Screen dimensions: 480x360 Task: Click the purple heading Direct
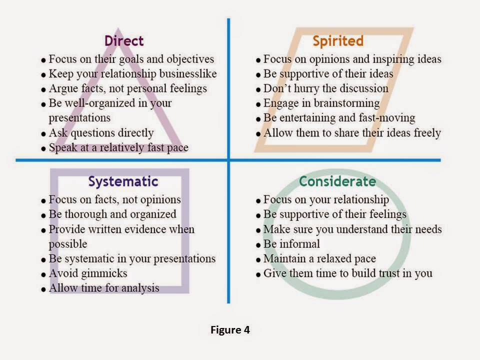click(123, 40)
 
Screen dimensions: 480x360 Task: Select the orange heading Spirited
click(337, 40)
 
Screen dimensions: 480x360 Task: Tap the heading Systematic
click(123, 181)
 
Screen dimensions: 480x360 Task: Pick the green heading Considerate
click(337, 181)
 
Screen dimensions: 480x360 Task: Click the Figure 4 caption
click(230, 330)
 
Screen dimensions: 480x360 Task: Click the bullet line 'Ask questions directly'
click(100, 133)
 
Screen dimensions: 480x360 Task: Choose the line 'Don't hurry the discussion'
click(325, 88)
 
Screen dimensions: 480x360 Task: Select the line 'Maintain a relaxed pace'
click(319, 259)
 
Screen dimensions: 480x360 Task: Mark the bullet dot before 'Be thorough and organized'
click(43, 215)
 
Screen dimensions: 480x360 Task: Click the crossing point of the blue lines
click(228, 160)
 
